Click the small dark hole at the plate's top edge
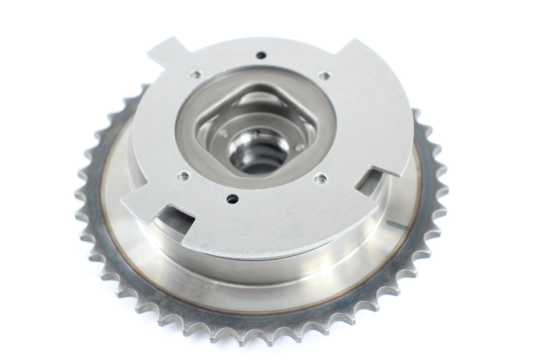point(261,55)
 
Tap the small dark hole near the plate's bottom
point(232,199)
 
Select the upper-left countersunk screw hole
point(195,74)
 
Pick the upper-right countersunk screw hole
point(325,76)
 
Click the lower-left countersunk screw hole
point(183,176)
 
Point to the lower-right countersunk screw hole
point(320,178)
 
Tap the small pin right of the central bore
point(300,146)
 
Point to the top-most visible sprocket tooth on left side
point(143,89)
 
